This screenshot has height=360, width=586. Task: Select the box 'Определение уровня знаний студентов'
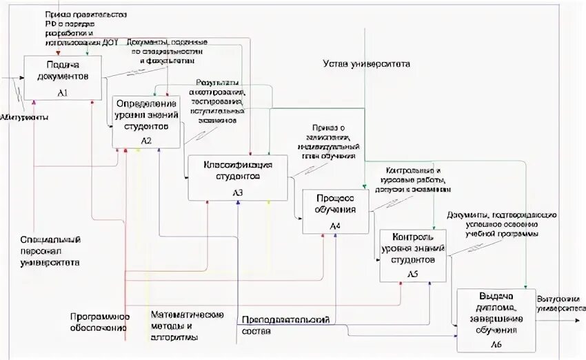(146, 121)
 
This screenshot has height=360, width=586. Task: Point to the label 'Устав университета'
(367, 64)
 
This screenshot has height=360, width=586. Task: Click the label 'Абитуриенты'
(24, 118)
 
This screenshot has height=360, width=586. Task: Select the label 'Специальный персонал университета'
(50, 251)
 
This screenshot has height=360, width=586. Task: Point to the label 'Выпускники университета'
(558, 304)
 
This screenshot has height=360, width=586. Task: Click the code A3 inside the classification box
(236, 192)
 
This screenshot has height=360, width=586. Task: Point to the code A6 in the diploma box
(496, 343)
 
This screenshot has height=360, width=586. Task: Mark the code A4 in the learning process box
(334, 226)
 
